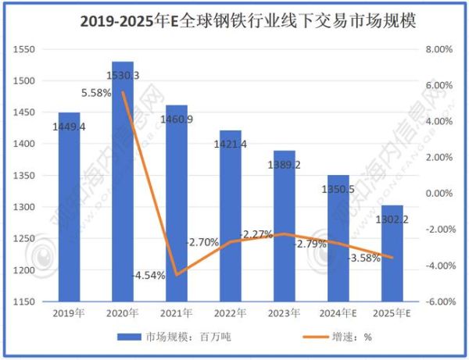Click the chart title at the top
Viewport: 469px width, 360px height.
[234, 22]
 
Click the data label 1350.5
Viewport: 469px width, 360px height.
[338, 188]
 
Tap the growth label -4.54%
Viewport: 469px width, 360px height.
[149, 275]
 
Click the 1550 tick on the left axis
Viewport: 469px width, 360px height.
[26, 49]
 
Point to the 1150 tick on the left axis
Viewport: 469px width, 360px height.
[26, 301]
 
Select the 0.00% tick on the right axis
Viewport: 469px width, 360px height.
[439, 193]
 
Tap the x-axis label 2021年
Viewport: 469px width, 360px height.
[177, 313]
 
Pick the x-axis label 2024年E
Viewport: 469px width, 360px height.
[338, 313]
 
